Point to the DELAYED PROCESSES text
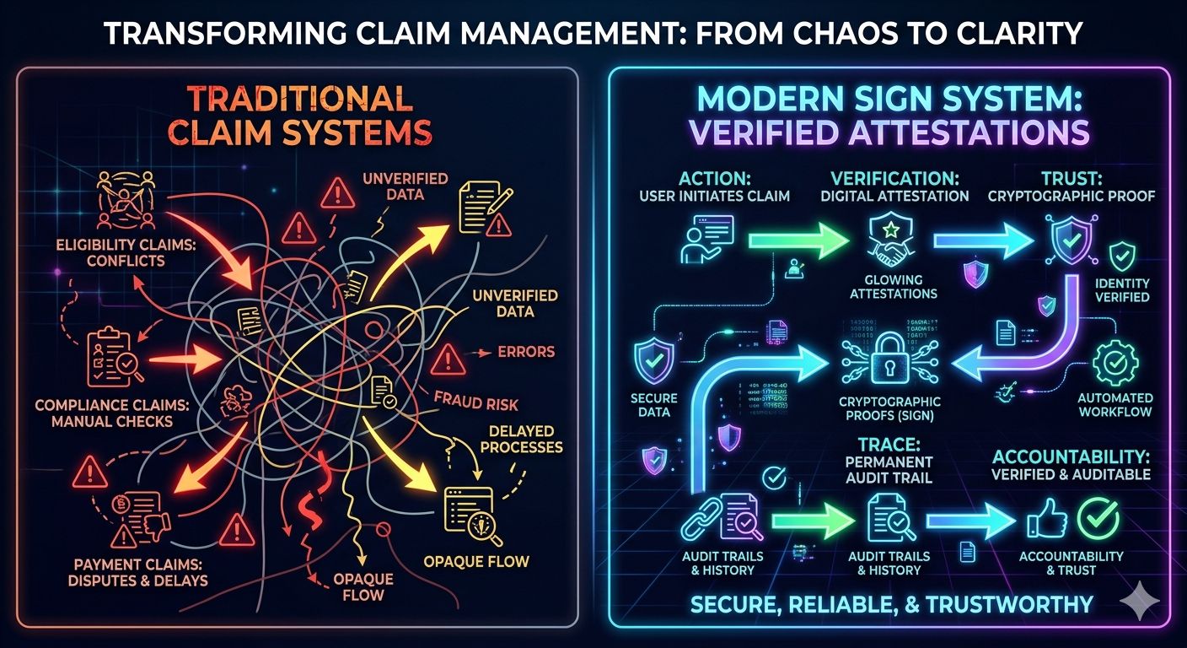(519, 437)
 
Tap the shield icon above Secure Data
(654, 360)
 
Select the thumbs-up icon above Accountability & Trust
(1039, 517)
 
